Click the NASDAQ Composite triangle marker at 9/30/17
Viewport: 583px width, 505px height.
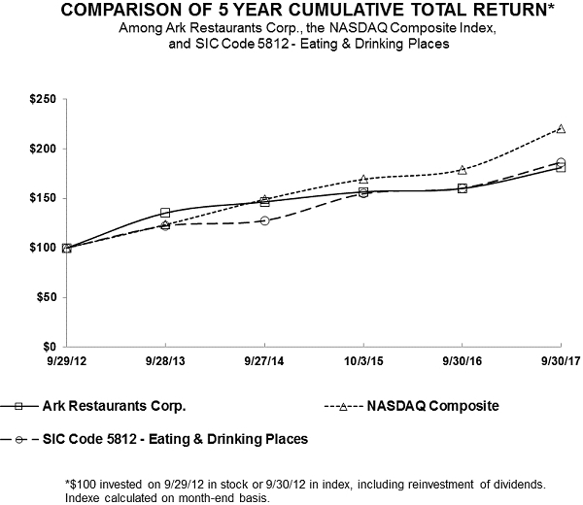(x=561, y=128)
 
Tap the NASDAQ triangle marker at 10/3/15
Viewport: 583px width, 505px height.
(x=363, y=179)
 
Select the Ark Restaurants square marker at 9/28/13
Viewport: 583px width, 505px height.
(x=165, y=212)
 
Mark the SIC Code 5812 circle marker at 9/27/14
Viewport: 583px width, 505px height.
(x=264, y=220)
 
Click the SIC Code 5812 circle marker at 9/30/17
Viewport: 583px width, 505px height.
(x=561, y=162)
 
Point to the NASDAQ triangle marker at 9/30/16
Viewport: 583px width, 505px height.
(x=462, y=169)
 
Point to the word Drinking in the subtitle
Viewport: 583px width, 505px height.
(x=380, y=44)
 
